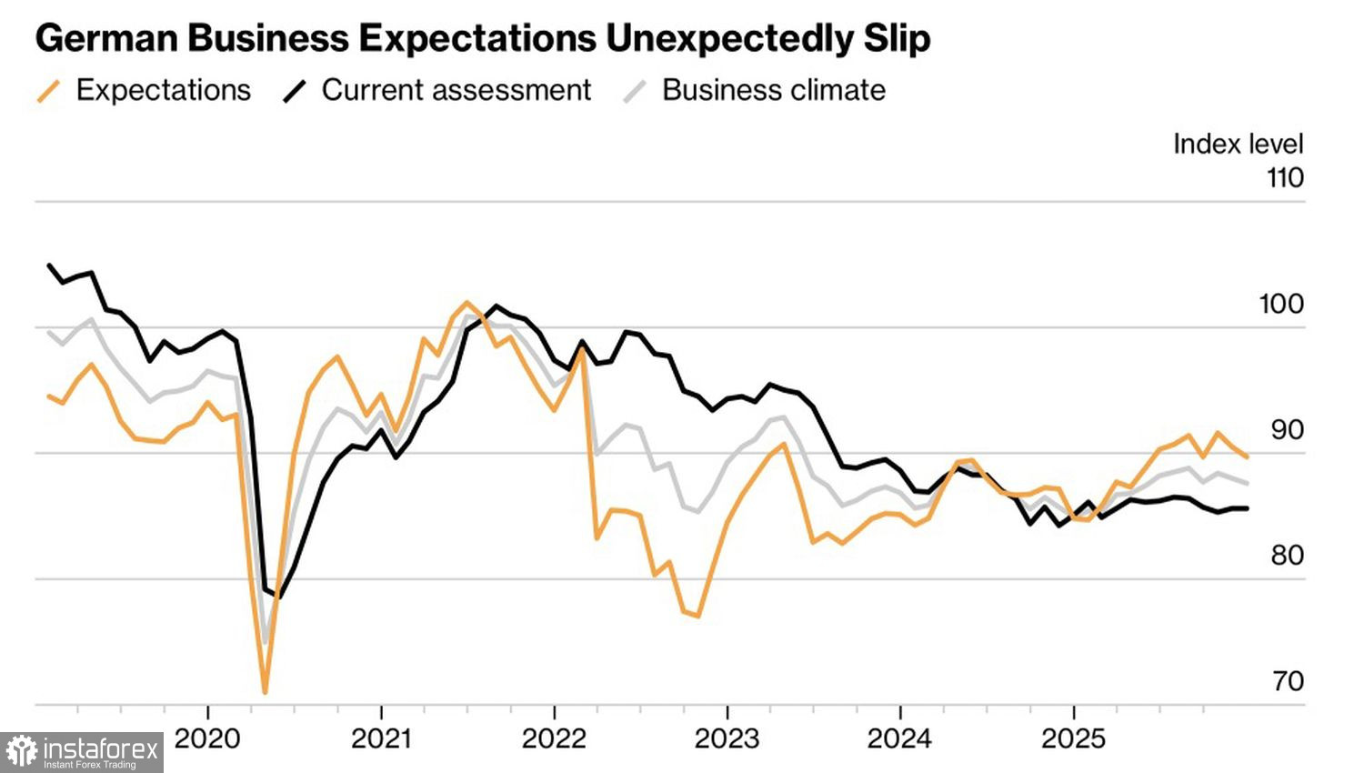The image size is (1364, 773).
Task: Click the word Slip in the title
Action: [x=894, y=38]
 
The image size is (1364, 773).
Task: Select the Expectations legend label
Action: [x=164, y=90]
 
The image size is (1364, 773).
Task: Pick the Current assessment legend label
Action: [x=456, y=90]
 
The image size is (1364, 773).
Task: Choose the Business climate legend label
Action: [x=774, y=90]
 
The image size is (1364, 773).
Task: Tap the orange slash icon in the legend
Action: [x=48, y=91]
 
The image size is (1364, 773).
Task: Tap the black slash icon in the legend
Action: [x=294, y=91]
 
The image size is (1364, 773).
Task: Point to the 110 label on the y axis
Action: [x=1285, y=177]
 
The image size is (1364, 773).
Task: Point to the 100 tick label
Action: [x=1281, y=304]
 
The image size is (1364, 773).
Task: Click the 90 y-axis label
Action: [x=1287, y=429]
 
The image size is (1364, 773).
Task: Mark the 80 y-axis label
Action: [x=1287, y=555]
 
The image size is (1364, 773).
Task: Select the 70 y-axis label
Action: [x=1288, y=680]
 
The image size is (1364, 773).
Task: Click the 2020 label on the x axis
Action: [x=207, y=738]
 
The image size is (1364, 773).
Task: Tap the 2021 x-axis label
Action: [x=381, y=738]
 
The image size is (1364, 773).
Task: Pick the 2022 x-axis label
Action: [x=554, y=738]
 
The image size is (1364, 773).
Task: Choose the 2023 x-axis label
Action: [x=727, y=738]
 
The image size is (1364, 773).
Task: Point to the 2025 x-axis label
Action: [x=1073, y=738]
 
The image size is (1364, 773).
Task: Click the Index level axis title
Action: [x=1238, y=144]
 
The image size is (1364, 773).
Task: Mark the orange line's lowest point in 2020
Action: [x=265, y=693]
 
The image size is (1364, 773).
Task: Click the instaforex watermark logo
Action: [x=82, y=752]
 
